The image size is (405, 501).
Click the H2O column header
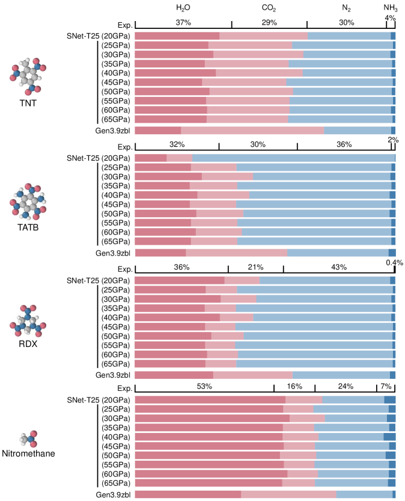tap(183, 8)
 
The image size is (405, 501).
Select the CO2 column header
tap(269, 8)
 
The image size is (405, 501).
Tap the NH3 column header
tap(390, 8)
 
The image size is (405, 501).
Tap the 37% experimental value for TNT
tap(183, 23)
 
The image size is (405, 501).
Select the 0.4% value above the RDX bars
tap(394, 262)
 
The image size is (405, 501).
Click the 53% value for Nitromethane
tap(204, 386)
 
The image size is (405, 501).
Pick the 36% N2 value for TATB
tap(344, 145)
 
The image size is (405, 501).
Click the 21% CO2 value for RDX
tap(256, 267)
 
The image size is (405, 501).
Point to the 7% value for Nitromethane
tap(386, 386)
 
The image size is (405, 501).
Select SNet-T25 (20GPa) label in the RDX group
tap(99, 281)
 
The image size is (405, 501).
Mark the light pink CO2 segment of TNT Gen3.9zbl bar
tap(252, 131)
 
